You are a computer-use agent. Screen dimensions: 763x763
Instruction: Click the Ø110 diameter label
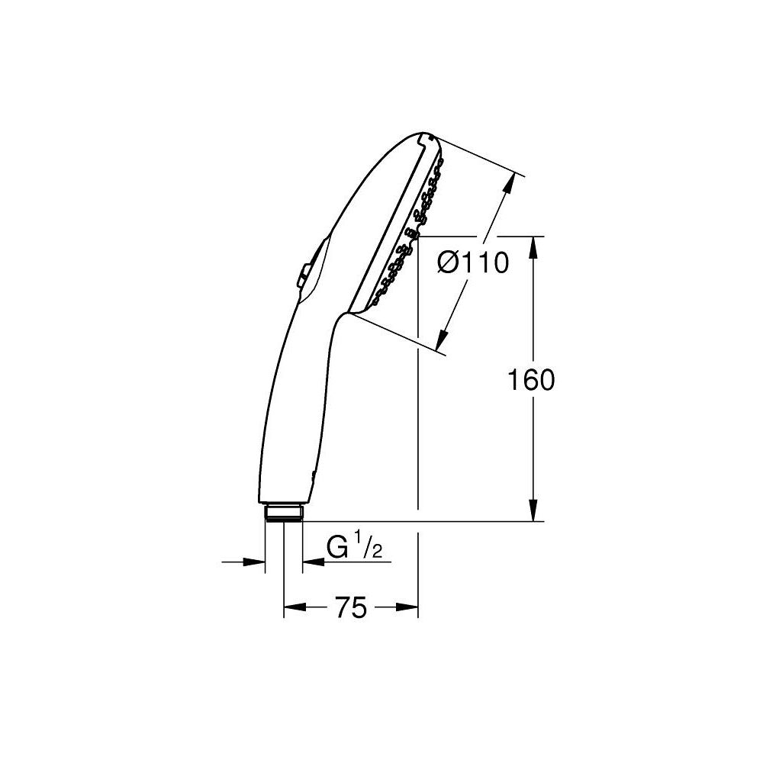point(472,264)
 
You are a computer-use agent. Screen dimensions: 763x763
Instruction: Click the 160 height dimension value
point(531,379)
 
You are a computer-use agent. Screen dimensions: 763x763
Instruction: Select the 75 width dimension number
point(351,608)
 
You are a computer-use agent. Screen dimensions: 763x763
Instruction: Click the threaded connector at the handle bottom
point(284,512)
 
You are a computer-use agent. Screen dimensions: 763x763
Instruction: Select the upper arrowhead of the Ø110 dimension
point(509,184)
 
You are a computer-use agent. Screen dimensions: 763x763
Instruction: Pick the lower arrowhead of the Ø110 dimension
point(445,341)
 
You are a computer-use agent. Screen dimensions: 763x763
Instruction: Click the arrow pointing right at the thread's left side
point(255,562)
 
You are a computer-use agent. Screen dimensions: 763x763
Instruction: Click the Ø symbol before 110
point(449,264)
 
